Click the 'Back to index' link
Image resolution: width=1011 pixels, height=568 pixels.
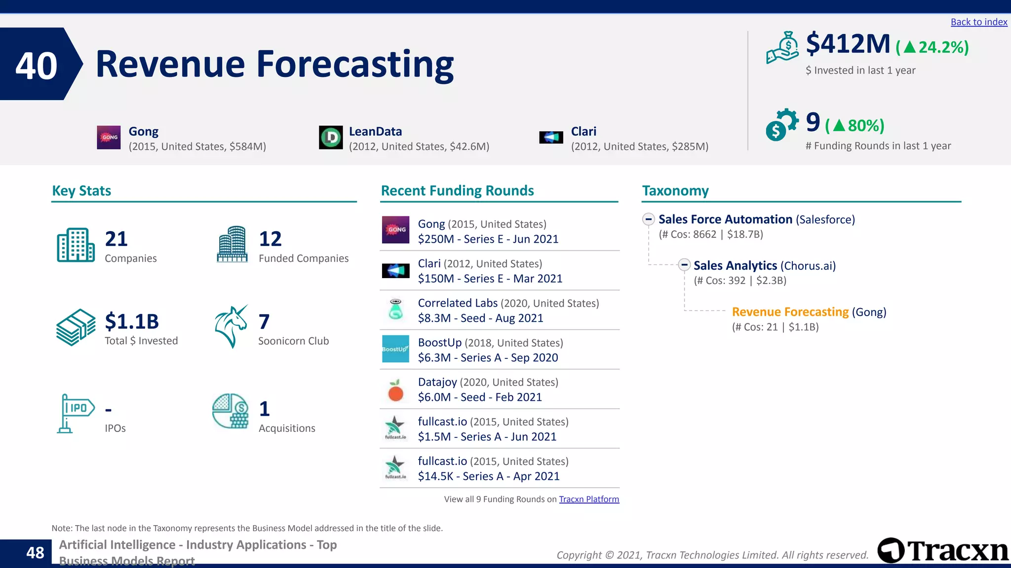978,22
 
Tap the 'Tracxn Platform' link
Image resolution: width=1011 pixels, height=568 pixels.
588,499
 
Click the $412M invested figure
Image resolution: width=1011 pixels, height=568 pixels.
848,44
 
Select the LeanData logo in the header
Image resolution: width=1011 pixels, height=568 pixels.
331,138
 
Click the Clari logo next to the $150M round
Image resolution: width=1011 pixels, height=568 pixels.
395,271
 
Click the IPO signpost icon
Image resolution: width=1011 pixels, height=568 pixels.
75,413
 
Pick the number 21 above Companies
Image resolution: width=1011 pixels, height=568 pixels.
117,239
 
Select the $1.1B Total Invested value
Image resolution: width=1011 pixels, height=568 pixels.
132,321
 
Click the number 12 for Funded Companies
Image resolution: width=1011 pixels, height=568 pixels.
270,239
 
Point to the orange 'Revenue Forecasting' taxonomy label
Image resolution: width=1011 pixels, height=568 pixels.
790,312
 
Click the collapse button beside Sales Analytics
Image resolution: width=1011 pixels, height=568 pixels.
684,265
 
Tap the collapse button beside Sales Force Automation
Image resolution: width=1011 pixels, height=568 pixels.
649,219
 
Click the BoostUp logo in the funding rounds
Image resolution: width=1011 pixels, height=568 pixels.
395,349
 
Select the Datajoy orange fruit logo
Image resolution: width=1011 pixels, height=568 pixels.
395,390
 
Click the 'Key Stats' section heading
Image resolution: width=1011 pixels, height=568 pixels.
81,191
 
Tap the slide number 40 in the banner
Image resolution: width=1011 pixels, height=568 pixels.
36,65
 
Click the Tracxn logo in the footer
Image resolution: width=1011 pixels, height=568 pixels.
943,550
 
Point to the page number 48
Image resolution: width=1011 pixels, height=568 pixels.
35,553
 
